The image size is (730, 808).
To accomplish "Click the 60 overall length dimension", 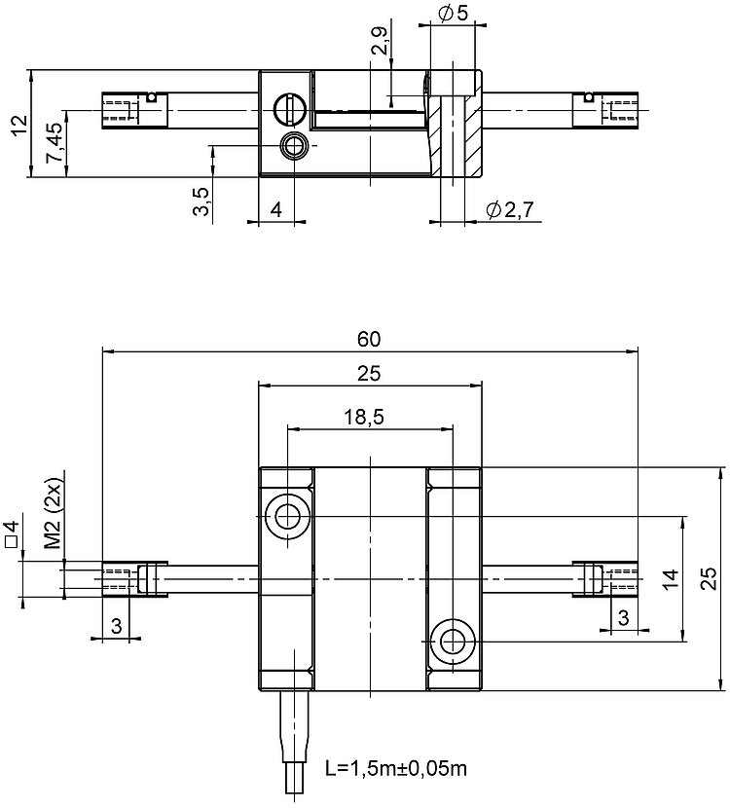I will [368, 339].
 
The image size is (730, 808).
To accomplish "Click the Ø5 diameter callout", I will [452, 14].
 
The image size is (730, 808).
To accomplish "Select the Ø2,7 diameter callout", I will [512, 208].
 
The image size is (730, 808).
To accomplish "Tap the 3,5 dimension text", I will [201, 205].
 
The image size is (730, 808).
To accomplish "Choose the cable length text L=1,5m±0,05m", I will [396, 768].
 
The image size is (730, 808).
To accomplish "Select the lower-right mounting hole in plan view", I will [452, 642].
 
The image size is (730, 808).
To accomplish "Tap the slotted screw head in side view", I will [288, 109].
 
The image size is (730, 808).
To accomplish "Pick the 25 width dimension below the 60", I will [369, 373].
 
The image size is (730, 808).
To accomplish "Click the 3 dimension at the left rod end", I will [116, 626].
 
